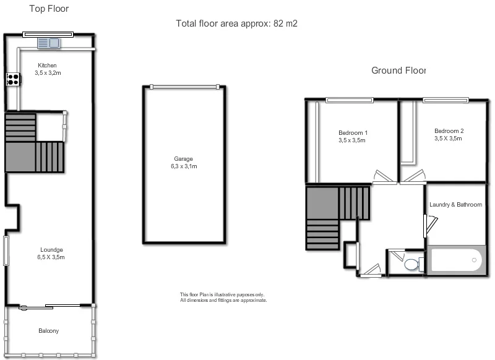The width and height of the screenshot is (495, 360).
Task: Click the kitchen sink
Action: click(48, 43)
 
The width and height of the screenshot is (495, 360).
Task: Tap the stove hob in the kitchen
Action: click(13, 79)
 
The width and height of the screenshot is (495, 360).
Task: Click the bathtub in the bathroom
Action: click(457, 260)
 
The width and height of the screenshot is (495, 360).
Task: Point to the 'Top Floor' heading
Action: click(49, 9)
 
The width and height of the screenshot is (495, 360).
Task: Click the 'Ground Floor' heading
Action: click(398, 71)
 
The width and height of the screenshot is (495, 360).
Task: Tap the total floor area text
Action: click(238, 24)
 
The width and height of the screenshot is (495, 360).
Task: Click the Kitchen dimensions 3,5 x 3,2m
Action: click(48, 73)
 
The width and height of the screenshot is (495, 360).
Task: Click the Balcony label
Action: click(48, 331)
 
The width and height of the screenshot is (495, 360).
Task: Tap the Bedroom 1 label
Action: click(353, 133)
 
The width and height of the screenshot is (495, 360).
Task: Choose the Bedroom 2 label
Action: click(449, 131)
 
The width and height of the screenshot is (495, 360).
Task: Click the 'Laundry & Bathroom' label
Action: click(456, 205)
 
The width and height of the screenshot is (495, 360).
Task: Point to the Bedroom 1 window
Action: click(350, 99)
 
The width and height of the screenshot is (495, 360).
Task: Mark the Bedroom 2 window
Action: click(445, 99)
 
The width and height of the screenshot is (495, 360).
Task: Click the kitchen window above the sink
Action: click(48, 34)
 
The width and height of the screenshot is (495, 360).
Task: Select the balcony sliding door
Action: click(49, 306)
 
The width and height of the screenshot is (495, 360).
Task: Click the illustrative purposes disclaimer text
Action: click(223, 298)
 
